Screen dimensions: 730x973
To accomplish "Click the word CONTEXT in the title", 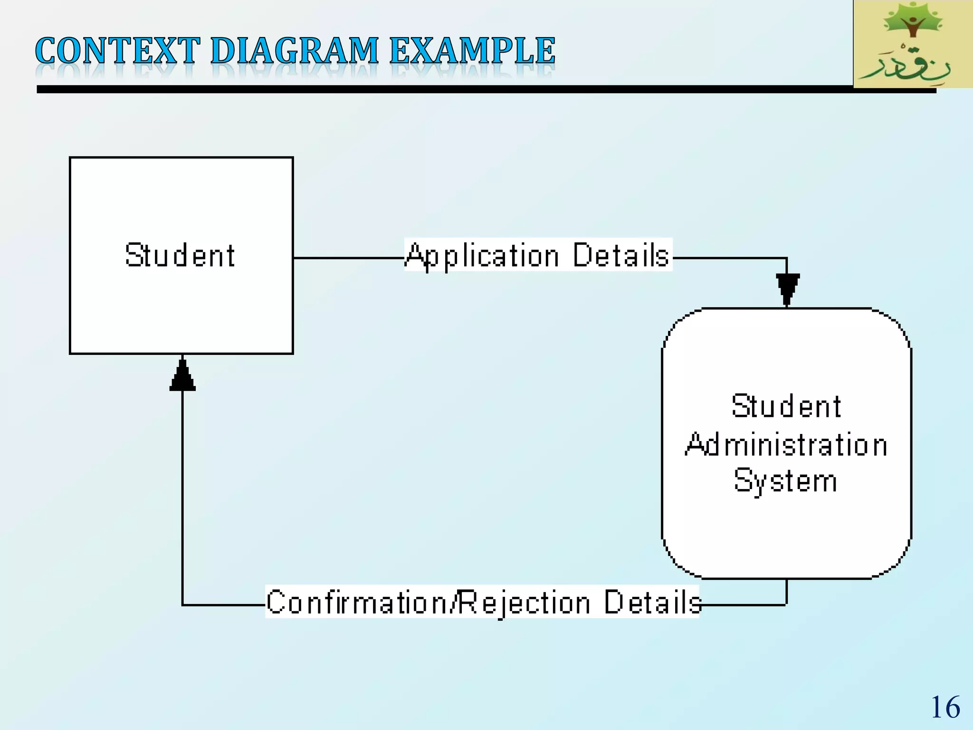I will [117, 51].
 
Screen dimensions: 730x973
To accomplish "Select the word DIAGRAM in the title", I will [295, 51].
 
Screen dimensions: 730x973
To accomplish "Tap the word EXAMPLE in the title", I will [472, 51].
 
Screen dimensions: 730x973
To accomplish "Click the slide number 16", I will [945, 707].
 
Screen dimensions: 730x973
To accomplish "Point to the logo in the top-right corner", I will [913, 44].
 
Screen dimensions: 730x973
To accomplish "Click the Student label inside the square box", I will [180, 255].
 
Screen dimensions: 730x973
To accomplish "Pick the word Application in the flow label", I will [483, 256].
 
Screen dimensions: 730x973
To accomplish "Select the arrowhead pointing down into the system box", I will [787, 288].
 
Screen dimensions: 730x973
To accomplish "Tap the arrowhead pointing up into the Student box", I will [182, 376].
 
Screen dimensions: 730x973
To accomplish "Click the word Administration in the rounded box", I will [786, 445].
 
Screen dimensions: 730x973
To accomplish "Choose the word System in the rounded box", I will [785, 481].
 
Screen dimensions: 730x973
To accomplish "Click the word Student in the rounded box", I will [786, 406].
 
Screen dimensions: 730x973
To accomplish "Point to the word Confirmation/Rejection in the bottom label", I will [428, 602].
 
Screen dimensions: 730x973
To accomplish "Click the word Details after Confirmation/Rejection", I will [652, 602].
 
